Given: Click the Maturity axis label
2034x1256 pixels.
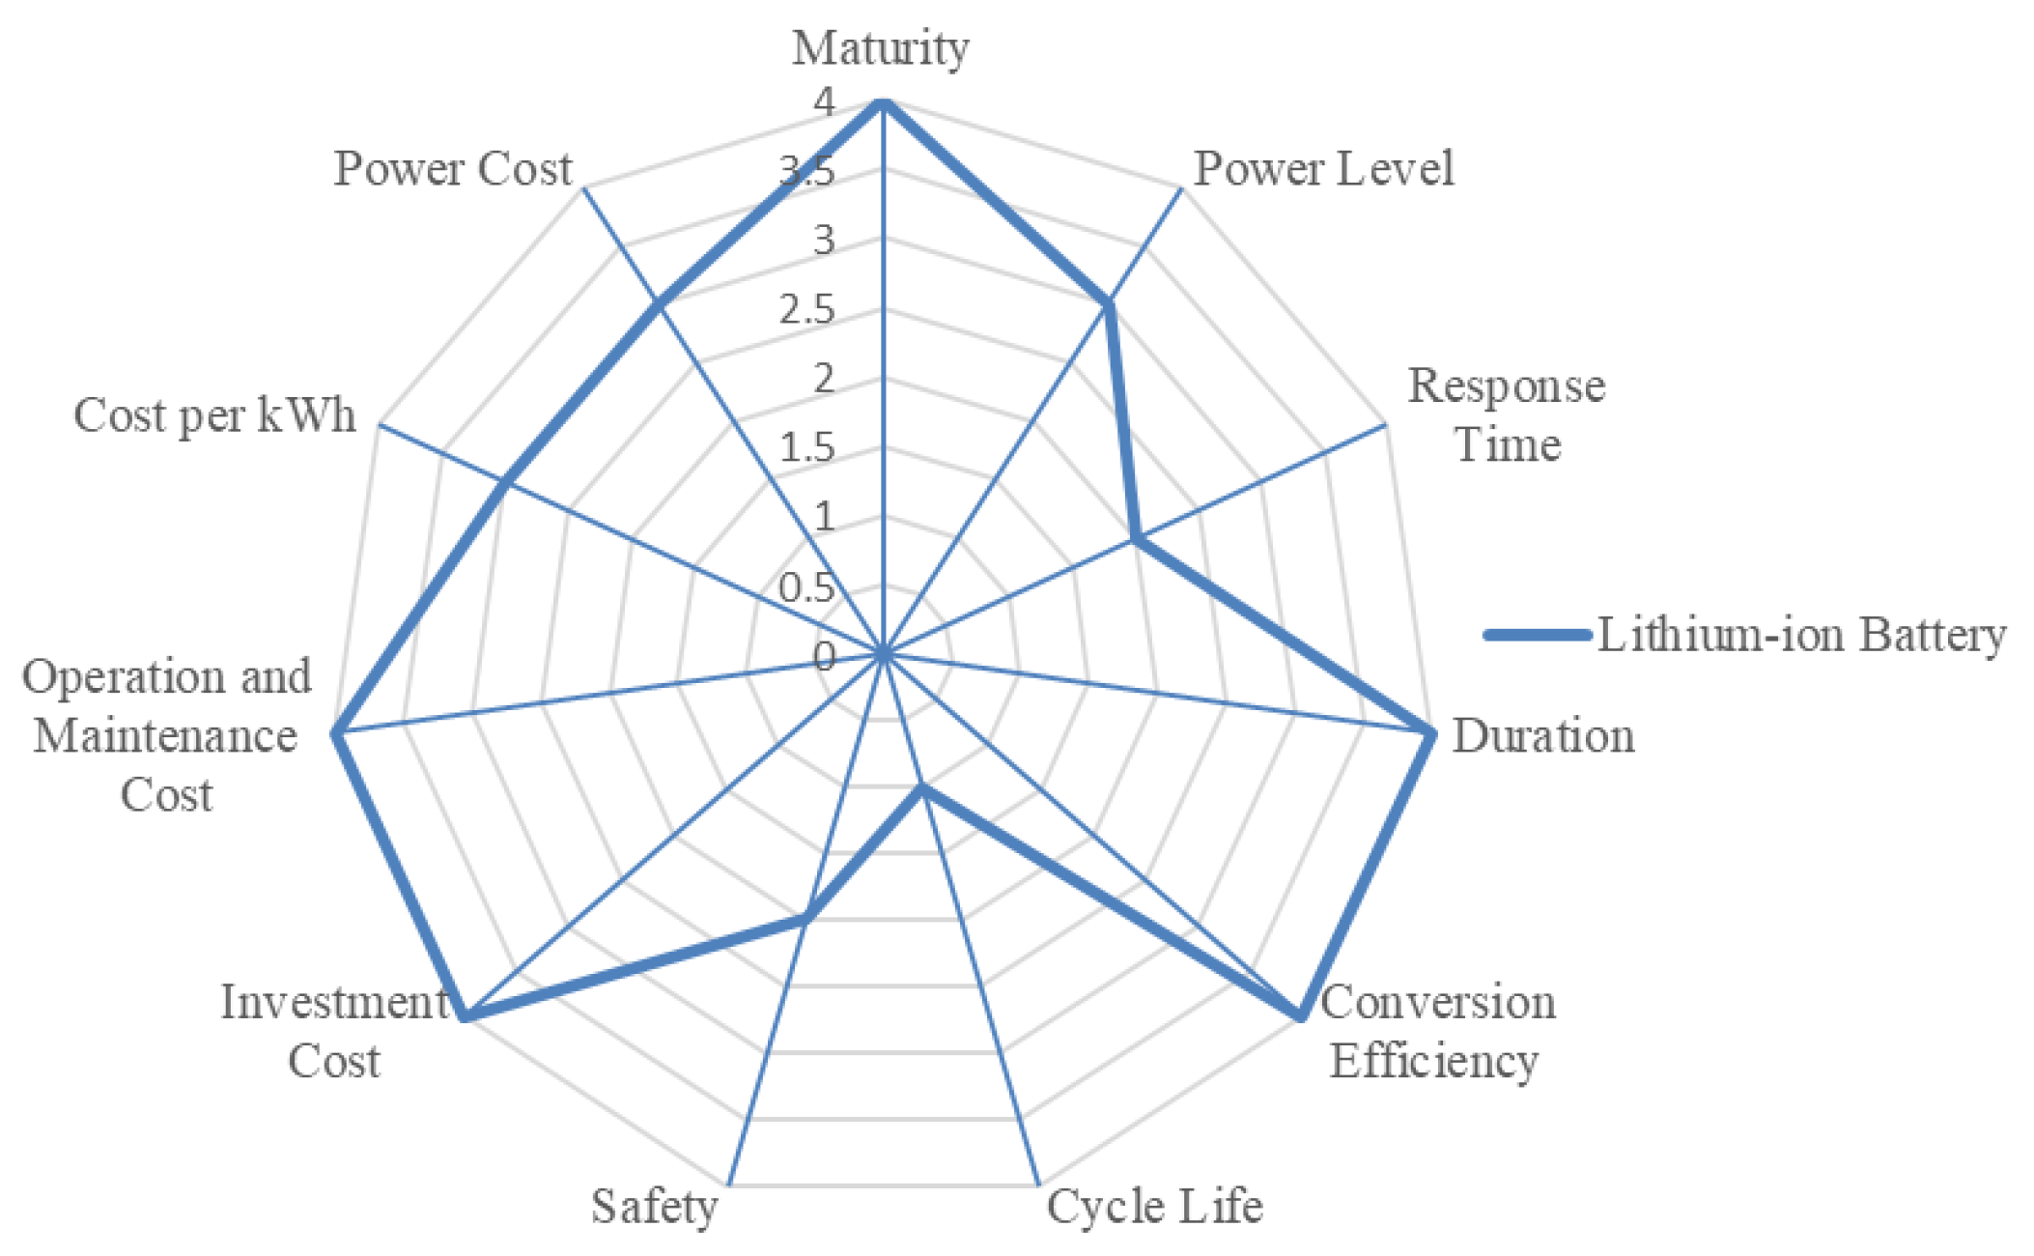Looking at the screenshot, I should coord(880,48).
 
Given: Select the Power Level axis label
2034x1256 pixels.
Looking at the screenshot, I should coord(1323,169).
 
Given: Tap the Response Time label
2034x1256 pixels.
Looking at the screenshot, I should coord(1506,415).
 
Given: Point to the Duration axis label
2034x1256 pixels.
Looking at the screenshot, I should coord(1542,736).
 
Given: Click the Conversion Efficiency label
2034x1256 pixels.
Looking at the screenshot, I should coord(1437,1032).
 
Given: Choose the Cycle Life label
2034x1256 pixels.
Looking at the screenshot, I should coord(1154,1206).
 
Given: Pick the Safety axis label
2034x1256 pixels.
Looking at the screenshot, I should coord(654,1206).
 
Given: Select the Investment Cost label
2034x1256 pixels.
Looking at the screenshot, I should coord(334,1032).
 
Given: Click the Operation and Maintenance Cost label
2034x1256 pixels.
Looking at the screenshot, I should coord(166,736).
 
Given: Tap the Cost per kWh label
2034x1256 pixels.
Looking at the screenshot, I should coord(214,416).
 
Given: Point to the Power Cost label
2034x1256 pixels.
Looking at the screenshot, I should coord(452,169).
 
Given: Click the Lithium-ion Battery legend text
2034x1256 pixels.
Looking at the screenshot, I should coord(1801,636).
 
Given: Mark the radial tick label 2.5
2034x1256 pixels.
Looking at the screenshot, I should coord(807,310).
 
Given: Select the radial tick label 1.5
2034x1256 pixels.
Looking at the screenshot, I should coord(807,448).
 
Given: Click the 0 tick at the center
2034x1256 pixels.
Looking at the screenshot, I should coord(824,658).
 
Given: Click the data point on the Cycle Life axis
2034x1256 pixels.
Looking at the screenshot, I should coord(921,788).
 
